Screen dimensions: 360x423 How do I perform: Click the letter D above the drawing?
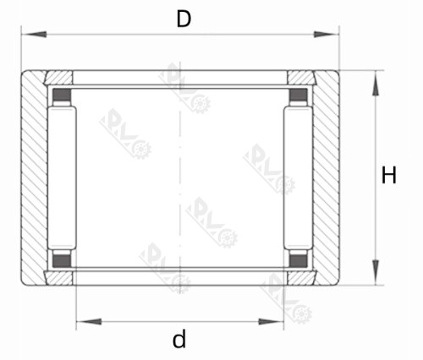pyautogui.click(x=184, y=18)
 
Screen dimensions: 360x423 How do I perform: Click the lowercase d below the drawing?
pyautogui.click(x=179, y=340)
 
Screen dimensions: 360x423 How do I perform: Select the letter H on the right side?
pyautogui.click(x=389, y=176)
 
